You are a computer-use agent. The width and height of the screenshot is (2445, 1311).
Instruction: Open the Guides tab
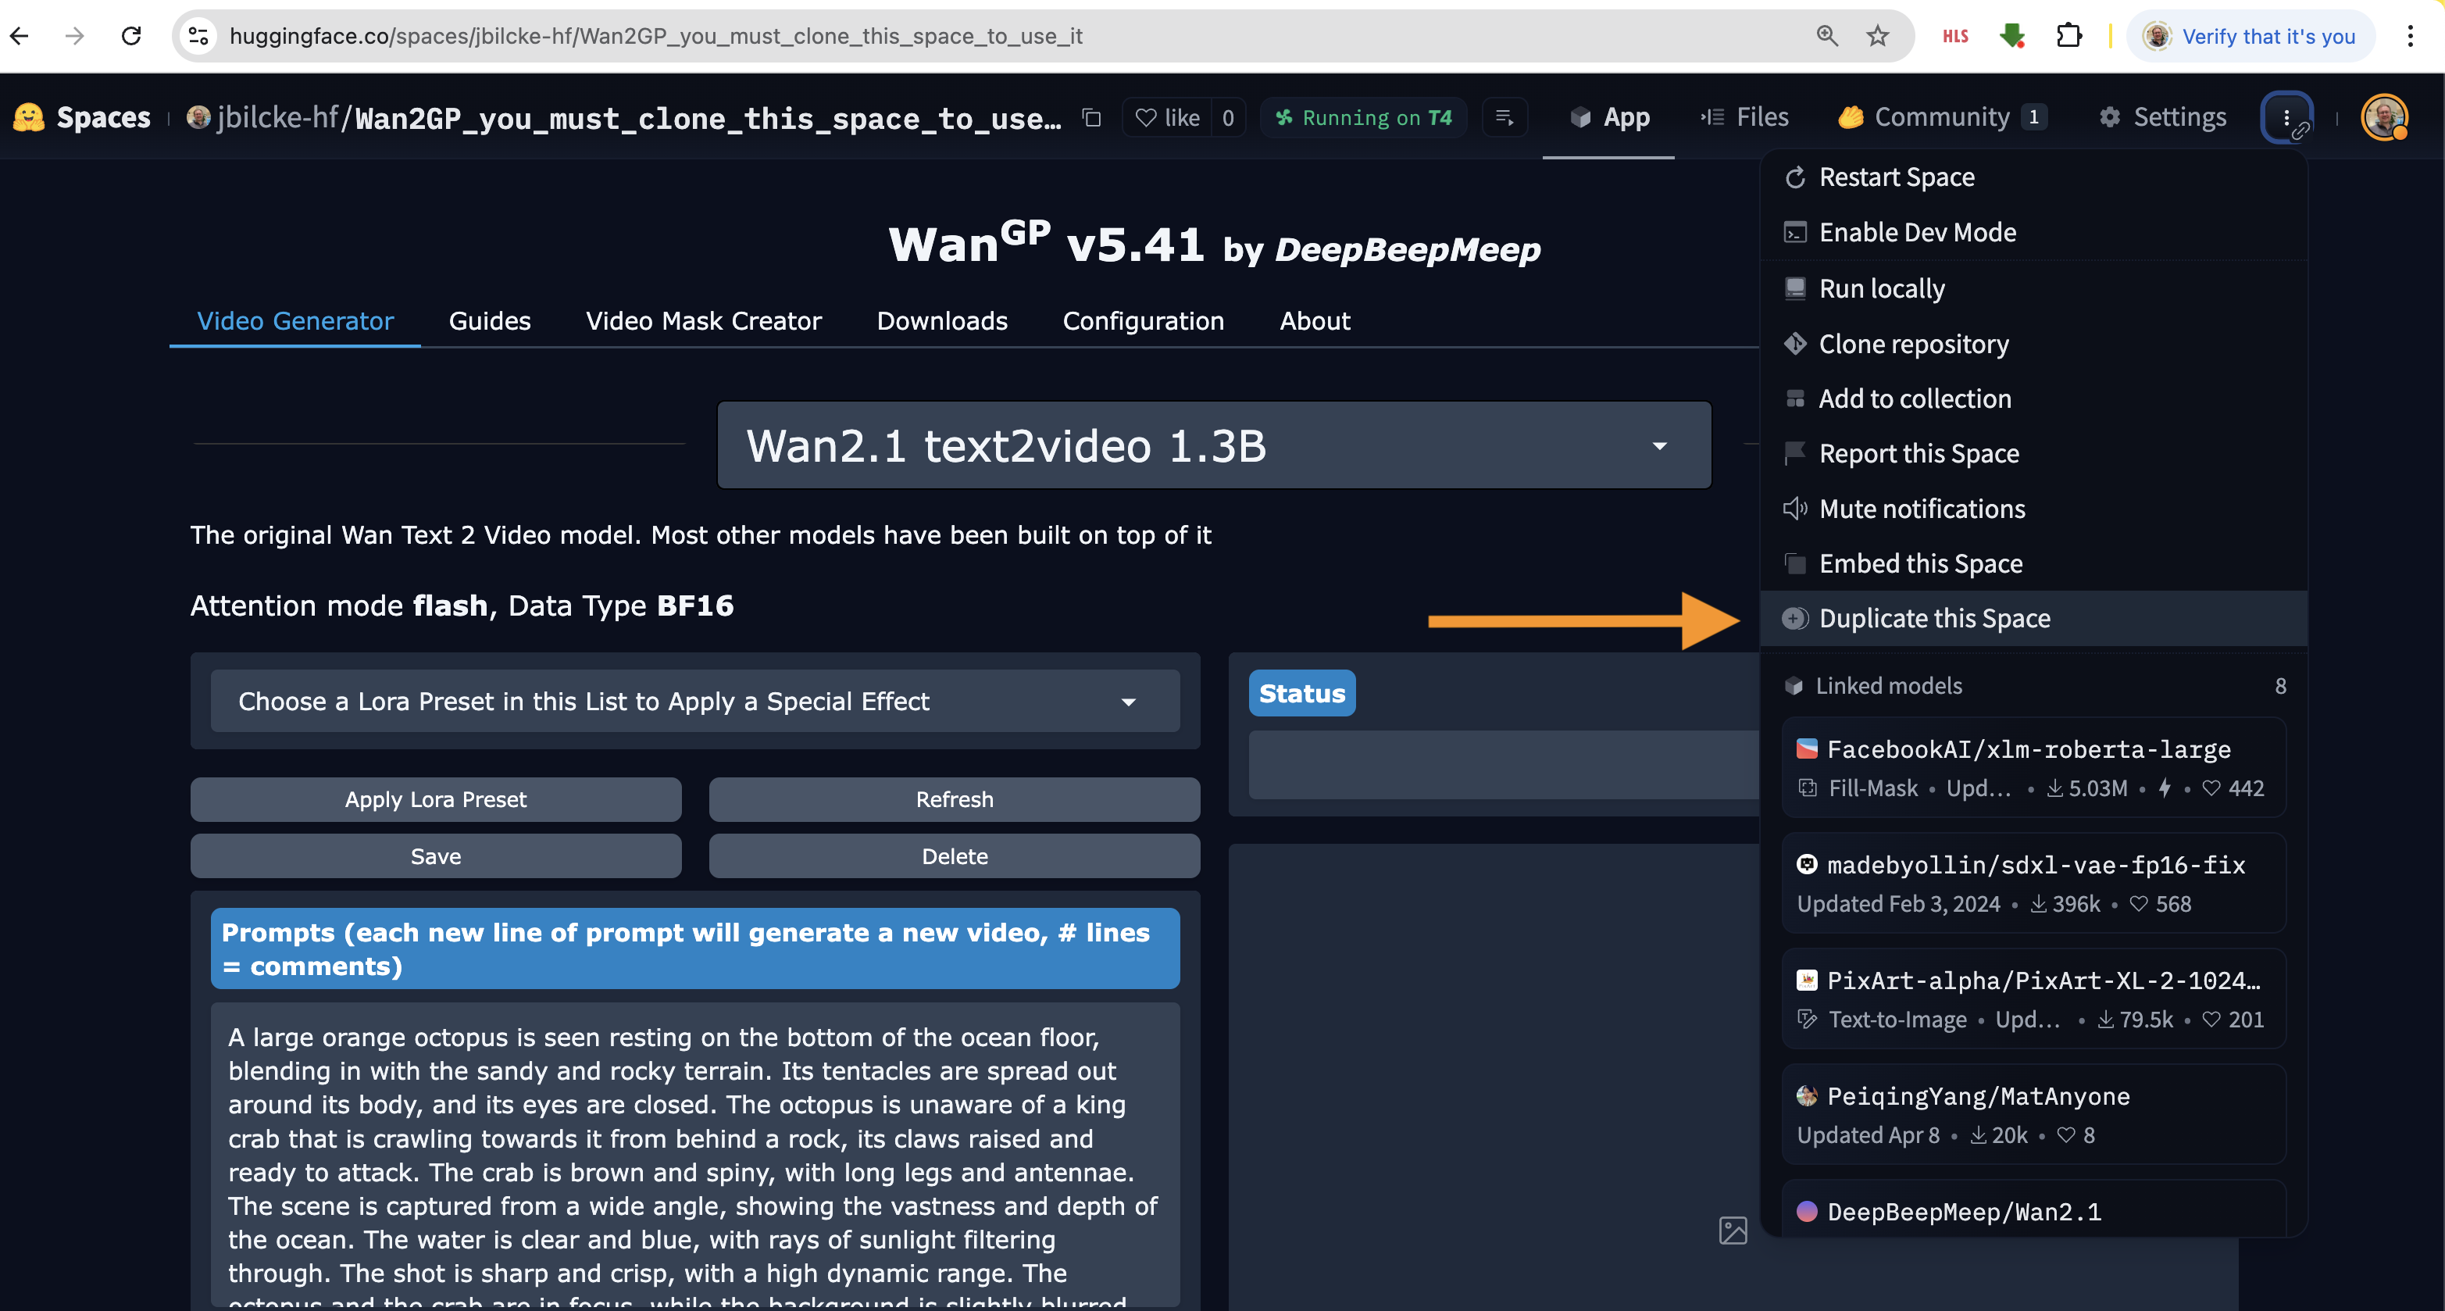click(490, 321)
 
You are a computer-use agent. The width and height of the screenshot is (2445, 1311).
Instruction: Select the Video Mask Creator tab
click(703, 321)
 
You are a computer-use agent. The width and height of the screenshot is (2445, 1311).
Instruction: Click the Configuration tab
click(1144, 321)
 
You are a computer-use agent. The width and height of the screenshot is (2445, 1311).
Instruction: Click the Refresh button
click(954, 799)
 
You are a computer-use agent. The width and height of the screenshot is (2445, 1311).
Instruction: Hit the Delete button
click(954, 856)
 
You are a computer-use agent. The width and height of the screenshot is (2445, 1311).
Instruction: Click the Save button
click(436, 856)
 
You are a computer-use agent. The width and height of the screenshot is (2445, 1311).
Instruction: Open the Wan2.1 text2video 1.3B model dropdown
click(1214, 445)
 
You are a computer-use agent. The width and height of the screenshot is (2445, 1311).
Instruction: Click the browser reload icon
click(131, 36)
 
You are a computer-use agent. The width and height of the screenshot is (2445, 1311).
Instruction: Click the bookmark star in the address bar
click(1877, 36)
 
